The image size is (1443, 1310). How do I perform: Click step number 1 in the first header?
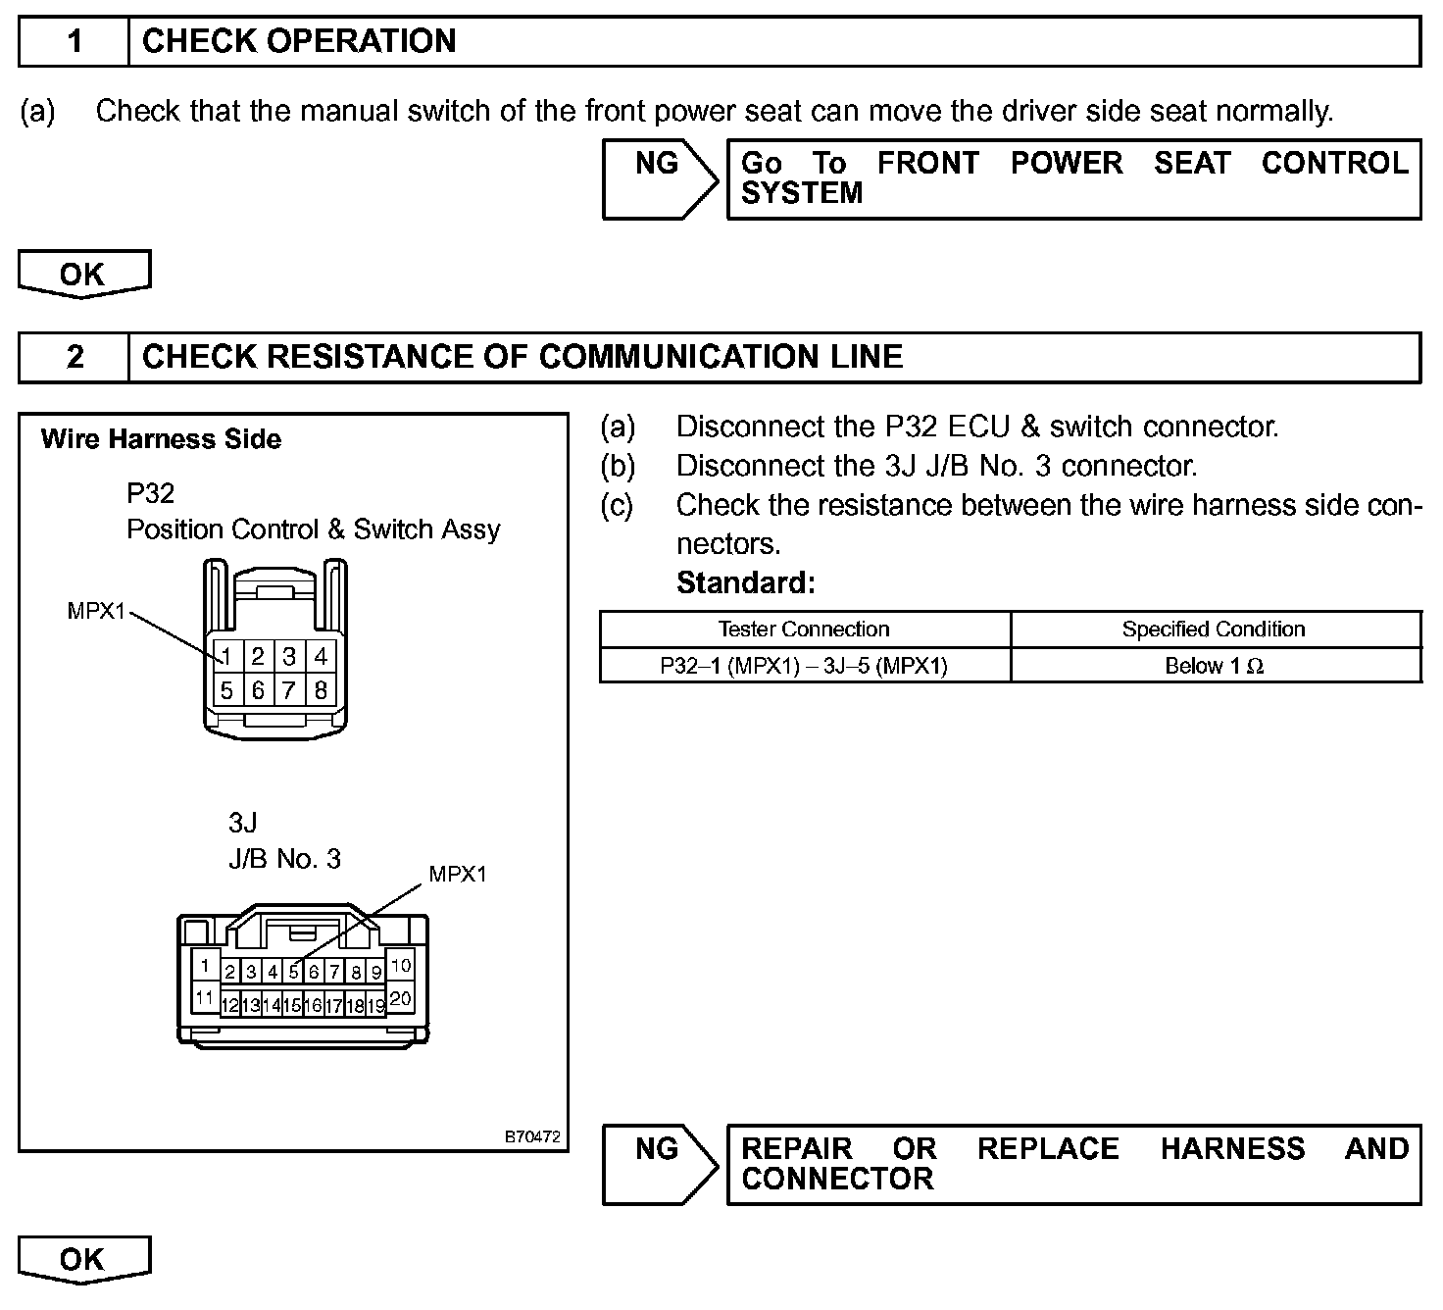[x=75, y=42]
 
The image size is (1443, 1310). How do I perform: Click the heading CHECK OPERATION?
[x=299, y=41]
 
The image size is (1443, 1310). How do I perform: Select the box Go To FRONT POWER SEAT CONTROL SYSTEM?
[x=1073, y=178]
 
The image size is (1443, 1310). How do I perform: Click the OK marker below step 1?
[x=84, y=274]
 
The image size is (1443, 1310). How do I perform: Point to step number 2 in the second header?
[x=75, y=357]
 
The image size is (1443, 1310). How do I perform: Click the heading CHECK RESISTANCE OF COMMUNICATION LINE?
[x=522, y=357]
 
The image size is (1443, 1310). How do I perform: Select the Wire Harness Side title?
[x=161, y=439]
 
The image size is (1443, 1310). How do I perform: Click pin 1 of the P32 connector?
[x=226, y=656]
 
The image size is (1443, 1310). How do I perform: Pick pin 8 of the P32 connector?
[x=321, y=690]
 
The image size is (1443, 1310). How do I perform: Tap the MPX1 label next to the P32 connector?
[x=96, y=611]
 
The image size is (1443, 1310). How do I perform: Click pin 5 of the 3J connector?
[x=293, y=973]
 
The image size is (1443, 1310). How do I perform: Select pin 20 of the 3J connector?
[x=400, y=999]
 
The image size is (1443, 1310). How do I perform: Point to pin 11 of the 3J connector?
[x=205, y=999]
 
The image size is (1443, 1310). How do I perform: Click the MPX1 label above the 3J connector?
[x=458, y=874]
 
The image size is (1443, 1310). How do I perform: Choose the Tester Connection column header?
[x=804, y=630]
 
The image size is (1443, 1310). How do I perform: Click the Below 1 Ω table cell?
[x=1214, y=667]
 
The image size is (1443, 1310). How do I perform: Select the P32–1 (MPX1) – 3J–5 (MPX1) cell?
[x=804, y=667]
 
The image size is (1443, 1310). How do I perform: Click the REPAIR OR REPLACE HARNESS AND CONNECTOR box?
[x=1073, y=1164]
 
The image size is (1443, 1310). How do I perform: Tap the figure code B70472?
[x=532, y=1137]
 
